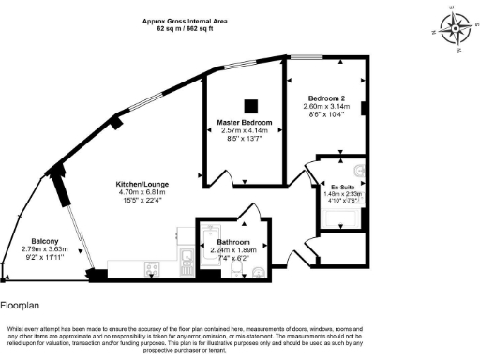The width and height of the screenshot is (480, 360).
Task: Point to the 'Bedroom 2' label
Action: click(326, 97)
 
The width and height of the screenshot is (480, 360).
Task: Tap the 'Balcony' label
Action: click(45, 240)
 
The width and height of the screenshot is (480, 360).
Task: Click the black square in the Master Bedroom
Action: click(248, 105)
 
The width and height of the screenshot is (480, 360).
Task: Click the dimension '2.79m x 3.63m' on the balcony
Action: click(45, 248)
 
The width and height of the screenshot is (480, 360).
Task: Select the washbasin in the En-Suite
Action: click(362, 172)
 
